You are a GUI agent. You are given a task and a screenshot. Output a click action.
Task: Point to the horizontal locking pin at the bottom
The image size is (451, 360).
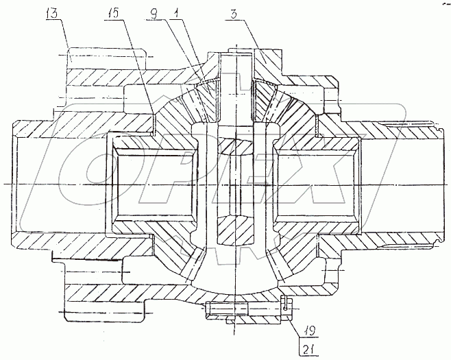(x=243, y=311)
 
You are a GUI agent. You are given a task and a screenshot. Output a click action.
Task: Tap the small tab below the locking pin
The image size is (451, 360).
(x=234, y=320)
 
